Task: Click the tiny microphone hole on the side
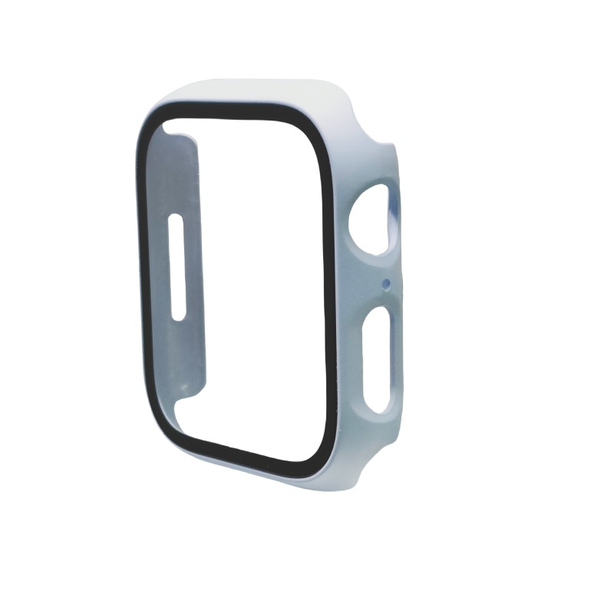[x=385, y=284]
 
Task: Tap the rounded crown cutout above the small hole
[x=374, y=220]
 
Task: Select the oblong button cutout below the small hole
[x=378, y=359]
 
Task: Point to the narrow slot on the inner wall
[x=177, y=267]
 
